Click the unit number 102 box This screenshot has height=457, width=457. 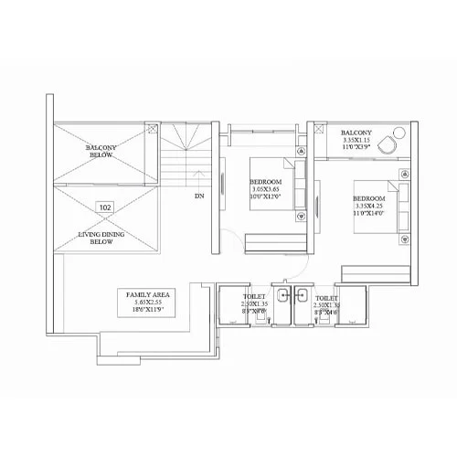[x=106, y=207]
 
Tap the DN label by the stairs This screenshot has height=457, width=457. [x=199, y=195]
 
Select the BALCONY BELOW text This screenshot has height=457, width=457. [x=100, y=152]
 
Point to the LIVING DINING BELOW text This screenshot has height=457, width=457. [x=103, y=239]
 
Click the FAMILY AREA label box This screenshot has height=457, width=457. [x=145, y=301]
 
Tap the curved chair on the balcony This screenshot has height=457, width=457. [x=388, y=144]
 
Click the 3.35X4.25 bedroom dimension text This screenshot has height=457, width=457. [x=370, y=207]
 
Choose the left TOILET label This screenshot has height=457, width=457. [x=253, y=298]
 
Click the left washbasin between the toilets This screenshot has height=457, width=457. [x=282, y=294]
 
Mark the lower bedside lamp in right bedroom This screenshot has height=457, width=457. [x=403, y=239]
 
